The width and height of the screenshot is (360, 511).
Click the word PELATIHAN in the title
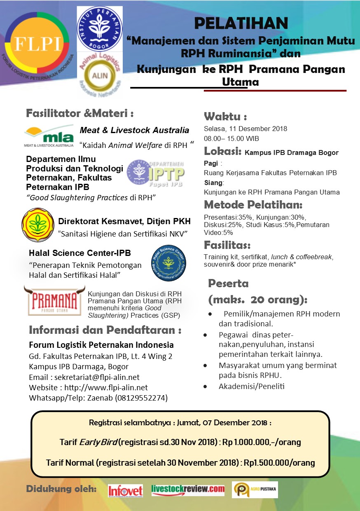click(x=241, y=24)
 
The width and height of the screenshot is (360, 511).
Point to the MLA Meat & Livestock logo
click(x=49, y=136)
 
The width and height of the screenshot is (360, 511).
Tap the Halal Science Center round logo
click(x=168, y=263)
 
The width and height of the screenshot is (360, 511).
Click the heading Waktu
click(x=225, y=116)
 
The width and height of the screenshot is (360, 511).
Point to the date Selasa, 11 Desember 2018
click(x=245, y=129)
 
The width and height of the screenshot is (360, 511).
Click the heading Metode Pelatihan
click(x=253, y=205)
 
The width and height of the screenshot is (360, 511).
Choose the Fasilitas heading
click(x=227, y=245)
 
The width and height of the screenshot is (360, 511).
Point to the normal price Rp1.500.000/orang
click(x=279, y=463)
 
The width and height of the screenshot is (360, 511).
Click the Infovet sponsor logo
click(x=125, y=490)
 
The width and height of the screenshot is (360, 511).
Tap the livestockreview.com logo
click(x=188, y=490)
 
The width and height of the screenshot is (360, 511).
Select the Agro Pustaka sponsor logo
click(x=255, y=490)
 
